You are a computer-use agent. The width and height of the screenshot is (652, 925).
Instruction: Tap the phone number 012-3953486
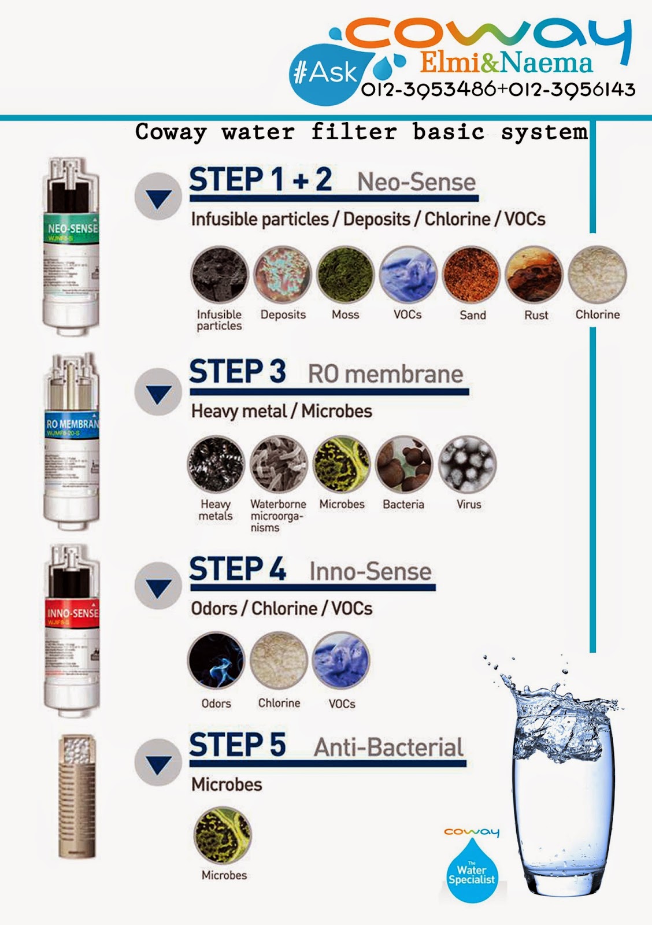coord(428,90)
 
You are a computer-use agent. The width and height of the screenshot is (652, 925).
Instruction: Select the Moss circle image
coord(346,275)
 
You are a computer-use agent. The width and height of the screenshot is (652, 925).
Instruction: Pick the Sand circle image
coord(471,275)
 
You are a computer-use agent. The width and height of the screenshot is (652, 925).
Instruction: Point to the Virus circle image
coord(468,464)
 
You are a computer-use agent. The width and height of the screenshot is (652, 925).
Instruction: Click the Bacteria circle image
coord(404,464)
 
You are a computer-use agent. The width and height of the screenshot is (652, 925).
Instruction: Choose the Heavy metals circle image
coord(216,464)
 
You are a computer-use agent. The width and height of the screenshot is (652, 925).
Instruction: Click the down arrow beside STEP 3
coord(158,393)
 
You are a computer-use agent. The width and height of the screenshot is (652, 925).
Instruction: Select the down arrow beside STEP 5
coord(158,763)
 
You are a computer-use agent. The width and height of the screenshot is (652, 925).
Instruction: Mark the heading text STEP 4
coord(238,569)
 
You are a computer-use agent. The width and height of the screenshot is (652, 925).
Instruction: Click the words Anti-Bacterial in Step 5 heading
coord(388,748)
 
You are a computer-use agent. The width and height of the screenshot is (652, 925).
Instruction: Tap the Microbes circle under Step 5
coord(223,835)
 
